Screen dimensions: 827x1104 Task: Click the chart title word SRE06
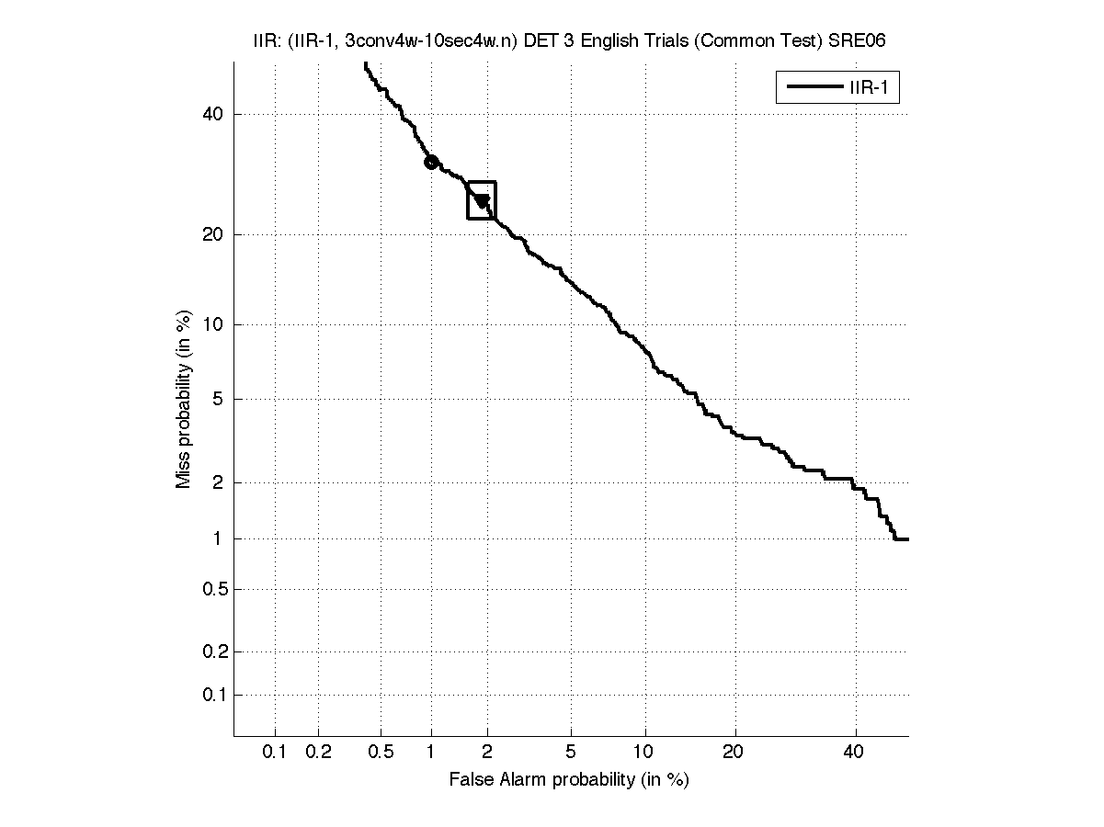[858, 41]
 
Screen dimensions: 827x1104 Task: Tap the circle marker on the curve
[431, 163]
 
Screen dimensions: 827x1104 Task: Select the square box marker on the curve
[482, 200]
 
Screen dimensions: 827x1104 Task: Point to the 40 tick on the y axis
[212, 114]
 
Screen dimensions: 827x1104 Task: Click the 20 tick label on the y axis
[212, 234]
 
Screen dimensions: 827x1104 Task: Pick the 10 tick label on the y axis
[212, 324]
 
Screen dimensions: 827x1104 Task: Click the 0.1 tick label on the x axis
[275, 753]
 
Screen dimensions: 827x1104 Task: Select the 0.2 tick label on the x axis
[318, 753]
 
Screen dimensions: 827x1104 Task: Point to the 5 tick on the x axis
[571, 753]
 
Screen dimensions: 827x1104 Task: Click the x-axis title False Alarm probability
[569, 780]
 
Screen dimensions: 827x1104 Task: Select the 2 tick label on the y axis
[217, 482]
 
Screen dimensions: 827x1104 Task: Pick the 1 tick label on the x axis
[431, 753]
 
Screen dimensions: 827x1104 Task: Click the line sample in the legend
[808, 88]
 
